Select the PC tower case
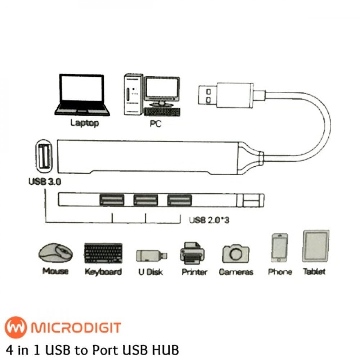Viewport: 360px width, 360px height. [x=132, y=94]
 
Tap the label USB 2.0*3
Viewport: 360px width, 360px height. [x=209, y=220]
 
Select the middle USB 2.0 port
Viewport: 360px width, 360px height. [x=145, y=200]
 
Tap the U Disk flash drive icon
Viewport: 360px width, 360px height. [x=152, y=256]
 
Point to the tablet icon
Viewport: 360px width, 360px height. [x=316, y=246]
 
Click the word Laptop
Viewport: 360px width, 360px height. [x=85, y=123]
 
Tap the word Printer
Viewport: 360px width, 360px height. [x=194, y=272]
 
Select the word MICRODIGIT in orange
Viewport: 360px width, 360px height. [x=76, y=328]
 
